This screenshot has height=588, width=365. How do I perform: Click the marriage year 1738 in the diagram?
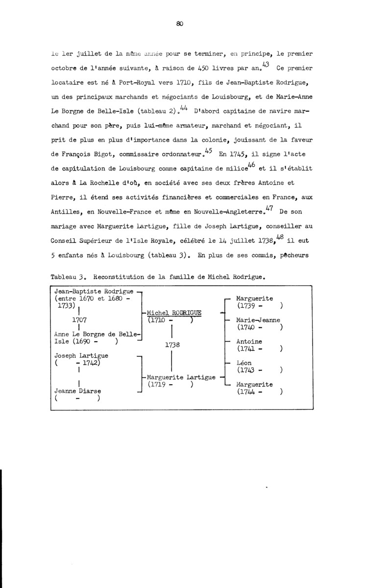pyautogui.click(x=173, y=345)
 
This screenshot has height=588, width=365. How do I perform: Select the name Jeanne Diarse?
pyautogui.click(x=74, y=391)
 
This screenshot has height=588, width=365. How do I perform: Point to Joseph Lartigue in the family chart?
pyautogui.click(x=81, y=355)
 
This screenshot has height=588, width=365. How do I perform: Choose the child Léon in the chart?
pyautogui.click(x=244, y=363)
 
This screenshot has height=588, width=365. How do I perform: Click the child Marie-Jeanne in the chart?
pyautogui.click(x=258, y=320)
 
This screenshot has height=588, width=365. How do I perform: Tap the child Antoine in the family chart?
pyautogui.click(x=249, y=342)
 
